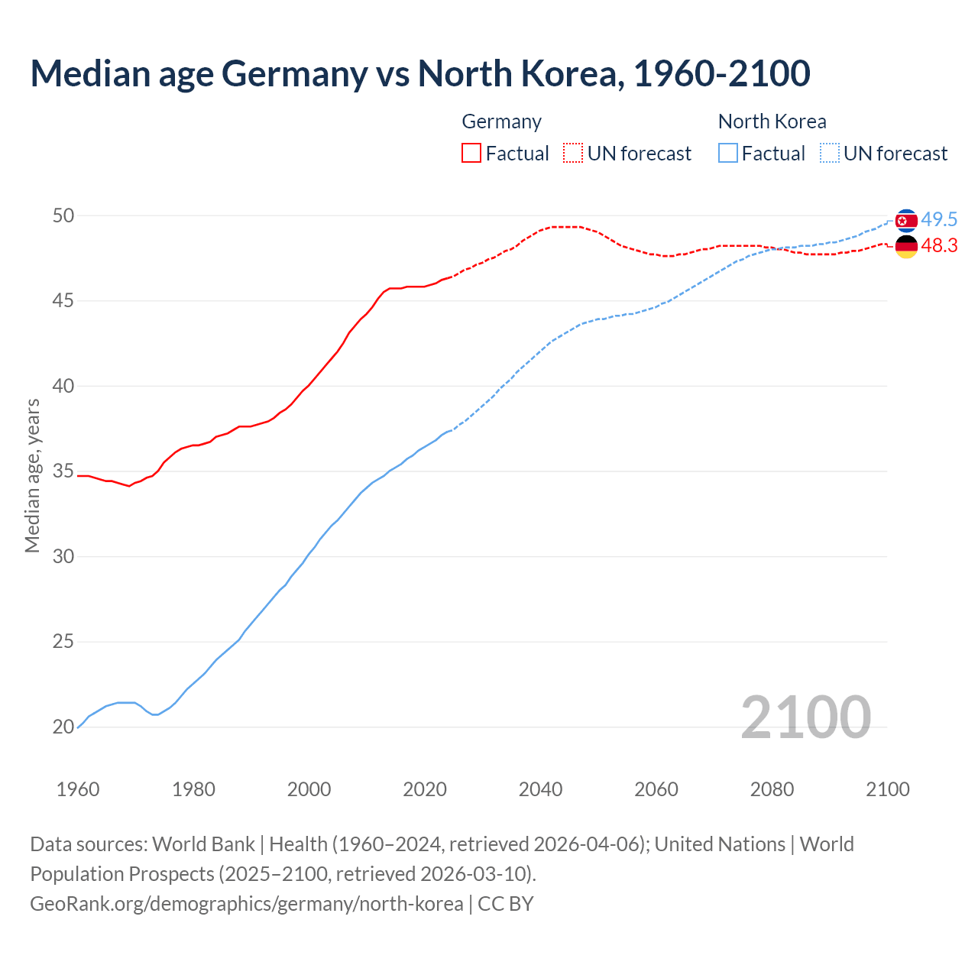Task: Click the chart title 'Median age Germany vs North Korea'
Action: (x=419, y=73)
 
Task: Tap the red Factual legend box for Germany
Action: (x=471, y=153)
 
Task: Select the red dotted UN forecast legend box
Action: (x=573, y=153)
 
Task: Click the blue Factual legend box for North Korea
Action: (x=728, y=153)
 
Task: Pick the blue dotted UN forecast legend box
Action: (x=830, y=153)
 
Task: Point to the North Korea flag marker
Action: (x=906, y=221)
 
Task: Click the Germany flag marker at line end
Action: (x=906, y=246)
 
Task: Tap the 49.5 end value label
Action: (x=939, y=220)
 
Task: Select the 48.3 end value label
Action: (x=939, y=245)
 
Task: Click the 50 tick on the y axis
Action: (x=63, y=215)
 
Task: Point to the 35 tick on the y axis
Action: (x=63, y=471)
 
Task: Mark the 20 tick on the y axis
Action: (x=63, y=727)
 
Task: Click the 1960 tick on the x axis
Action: (x=78, y=789)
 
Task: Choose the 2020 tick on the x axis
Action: (x=425, y=789)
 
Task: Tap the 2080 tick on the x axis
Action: (x=772, y=789)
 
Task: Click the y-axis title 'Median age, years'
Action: (x=32, y=475)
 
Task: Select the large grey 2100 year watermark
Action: (x=805, y=717)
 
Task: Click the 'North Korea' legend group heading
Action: (x=772, y=121)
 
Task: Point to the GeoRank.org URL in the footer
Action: (x=247, y=903)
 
